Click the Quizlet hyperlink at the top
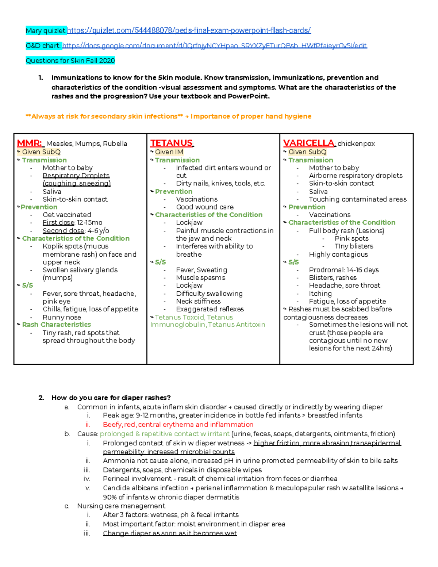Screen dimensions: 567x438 [x=189, y=30]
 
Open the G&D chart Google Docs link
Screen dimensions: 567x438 [x=215, y=46]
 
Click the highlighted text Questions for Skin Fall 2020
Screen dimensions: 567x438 [x=70, y=61]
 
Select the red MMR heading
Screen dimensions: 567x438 [x=30, y=143]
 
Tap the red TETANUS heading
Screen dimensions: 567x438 [x=172, y=143]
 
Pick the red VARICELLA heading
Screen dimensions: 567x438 [x=309, y=143]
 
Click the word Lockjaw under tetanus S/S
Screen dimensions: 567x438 [x=189, y=286]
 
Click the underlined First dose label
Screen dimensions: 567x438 [x=58, y=223]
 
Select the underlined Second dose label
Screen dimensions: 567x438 [x=64, y=231]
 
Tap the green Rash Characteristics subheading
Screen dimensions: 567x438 [x=56, y=325]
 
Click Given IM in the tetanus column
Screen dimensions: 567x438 [x=169, y=152]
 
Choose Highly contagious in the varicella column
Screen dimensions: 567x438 [x=338, y=254]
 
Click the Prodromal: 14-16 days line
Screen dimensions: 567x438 [x=343, y=270]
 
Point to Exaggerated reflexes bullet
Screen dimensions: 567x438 [x=210, y=309]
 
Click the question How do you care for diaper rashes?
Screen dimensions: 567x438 [x=111, y=398]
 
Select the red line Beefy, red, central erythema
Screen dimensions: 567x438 [x=178, y=425]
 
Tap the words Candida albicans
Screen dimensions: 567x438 [x=127, y=488]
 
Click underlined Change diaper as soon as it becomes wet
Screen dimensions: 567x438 [x=170, y=533]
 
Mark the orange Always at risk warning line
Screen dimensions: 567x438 [x=168, y=116]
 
